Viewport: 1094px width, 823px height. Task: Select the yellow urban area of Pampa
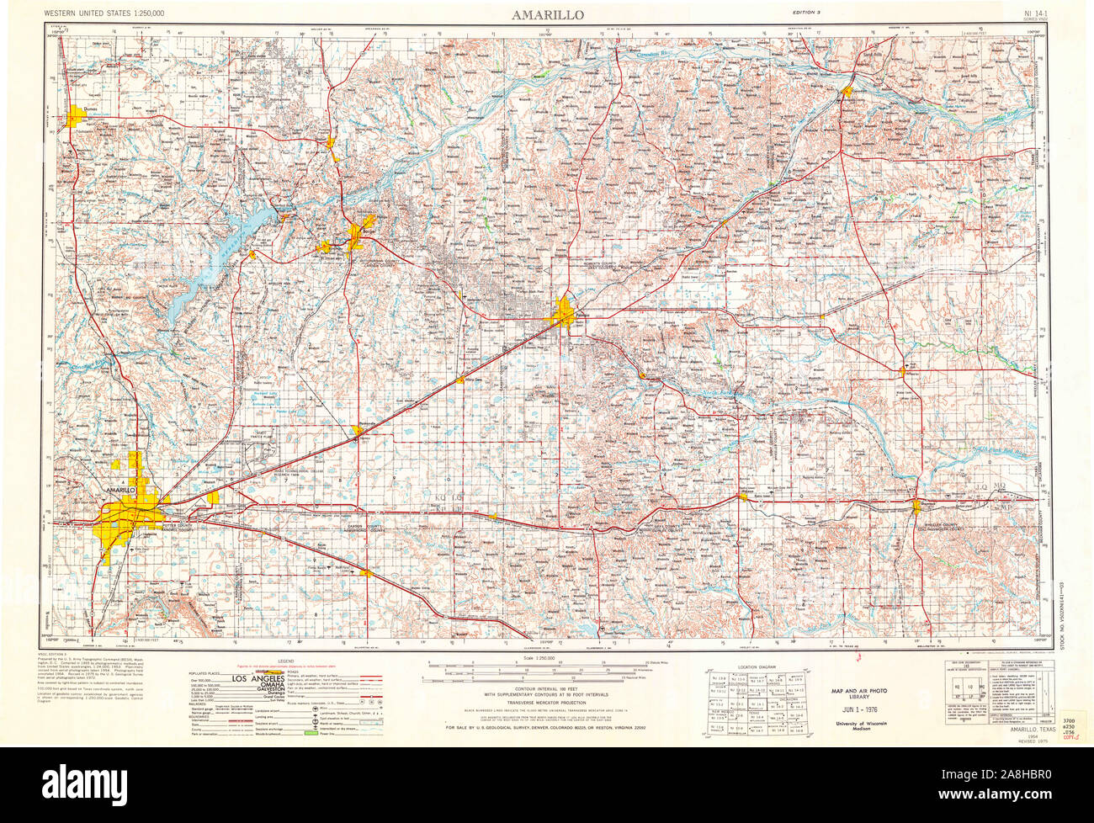(565, 315)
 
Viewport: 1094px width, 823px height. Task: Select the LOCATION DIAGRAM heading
(755, 666)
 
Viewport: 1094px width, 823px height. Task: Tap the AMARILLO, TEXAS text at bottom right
(1030, 729)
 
